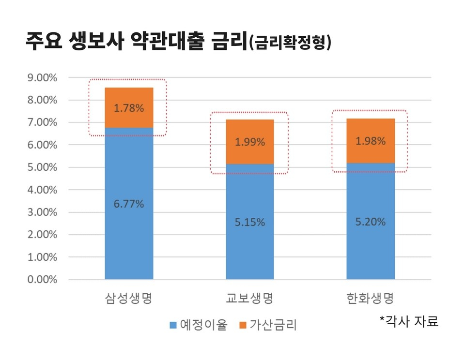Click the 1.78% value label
(129, 108)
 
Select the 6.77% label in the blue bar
(129, 204)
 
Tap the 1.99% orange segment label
(250, 142)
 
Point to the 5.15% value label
(250, 222)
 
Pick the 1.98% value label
(371, 141)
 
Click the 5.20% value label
(371, 222)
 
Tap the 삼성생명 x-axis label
(129, 298)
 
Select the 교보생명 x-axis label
(249, 298)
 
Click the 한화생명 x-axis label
(370, 298)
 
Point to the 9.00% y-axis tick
(42, 77)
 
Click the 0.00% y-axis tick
(42, 279)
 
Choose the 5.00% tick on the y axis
(42, 167)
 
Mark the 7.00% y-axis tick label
(42, 122)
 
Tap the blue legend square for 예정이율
(173, 325)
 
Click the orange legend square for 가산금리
(243, 325)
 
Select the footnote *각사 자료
(409, 321)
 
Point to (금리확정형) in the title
(290, 43)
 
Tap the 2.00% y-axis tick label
(42, 235)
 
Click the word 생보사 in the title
(96, 40)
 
